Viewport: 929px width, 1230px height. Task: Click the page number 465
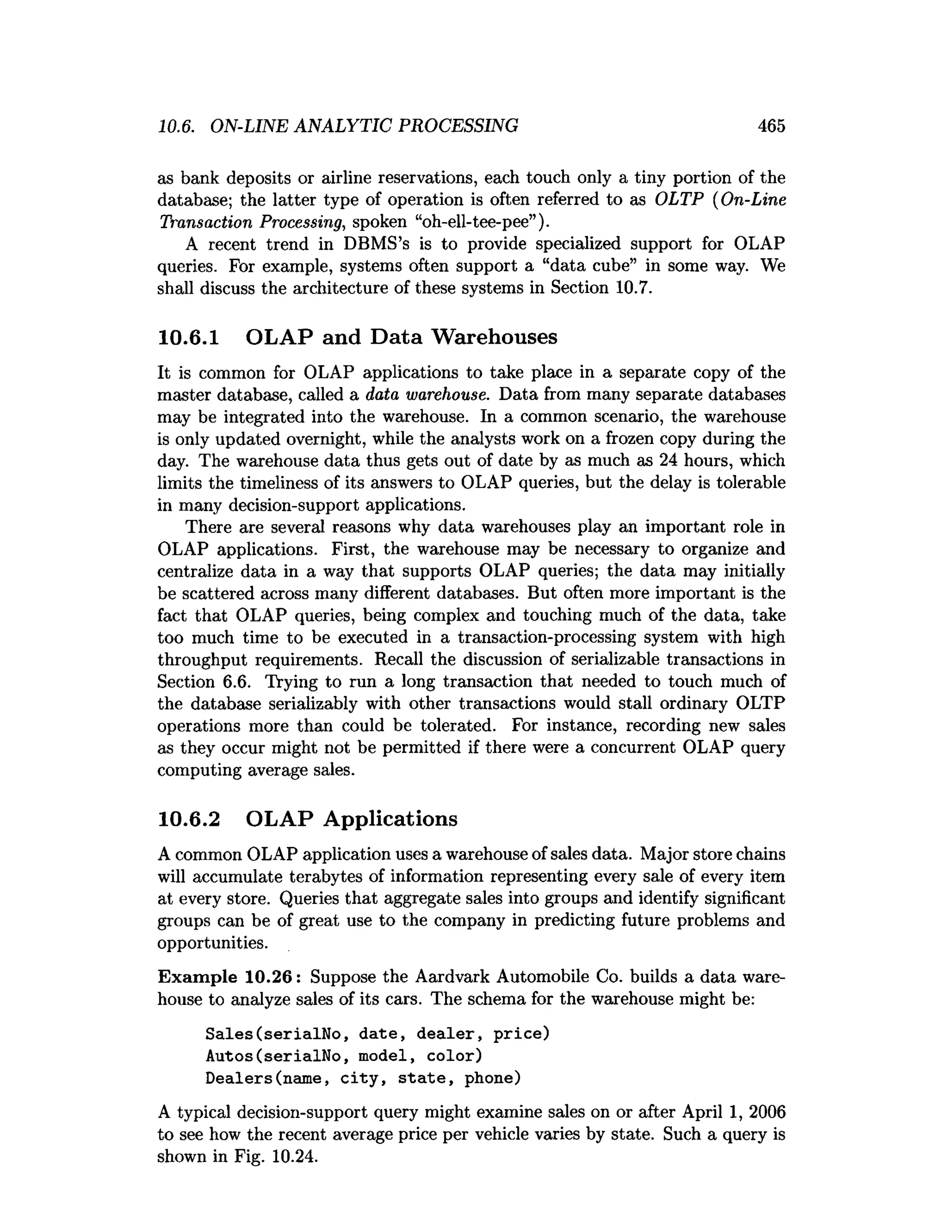click(x=771, y=126)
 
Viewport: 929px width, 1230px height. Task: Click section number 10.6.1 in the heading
click(x=189, y=337)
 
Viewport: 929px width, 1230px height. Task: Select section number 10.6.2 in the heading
click(x=189, y=819)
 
